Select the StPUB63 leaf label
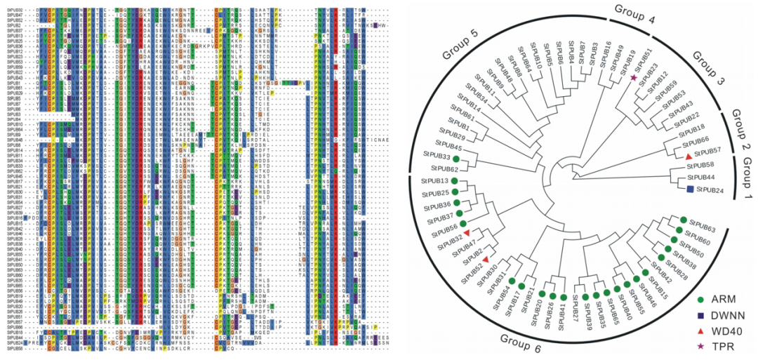701,229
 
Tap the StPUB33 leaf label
436,156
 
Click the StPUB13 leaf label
435,181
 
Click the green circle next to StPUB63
681,221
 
